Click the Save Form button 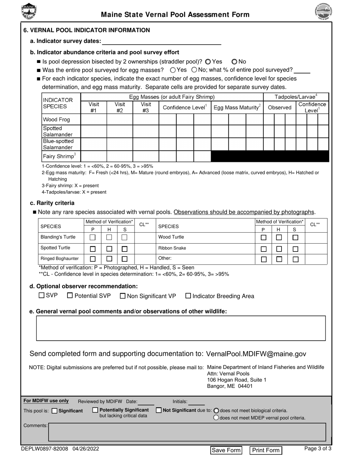226,450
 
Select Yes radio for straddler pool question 208,61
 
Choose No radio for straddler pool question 234,61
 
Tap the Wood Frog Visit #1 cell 94,120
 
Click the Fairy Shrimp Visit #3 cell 146,156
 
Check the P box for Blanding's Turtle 92,238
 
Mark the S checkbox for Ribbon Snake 296,249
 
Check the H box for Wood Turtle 279,238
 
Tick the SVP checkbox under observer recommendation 42,296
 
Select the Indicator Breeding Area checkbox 188,296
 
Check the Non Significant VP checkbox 123,296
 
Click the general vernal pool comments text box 181,328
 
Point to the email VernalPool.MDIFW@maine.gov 256,354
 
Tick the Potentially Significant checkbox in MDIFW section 95,410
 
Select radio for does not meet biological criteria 216,410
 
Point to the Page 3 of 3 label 318,449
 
